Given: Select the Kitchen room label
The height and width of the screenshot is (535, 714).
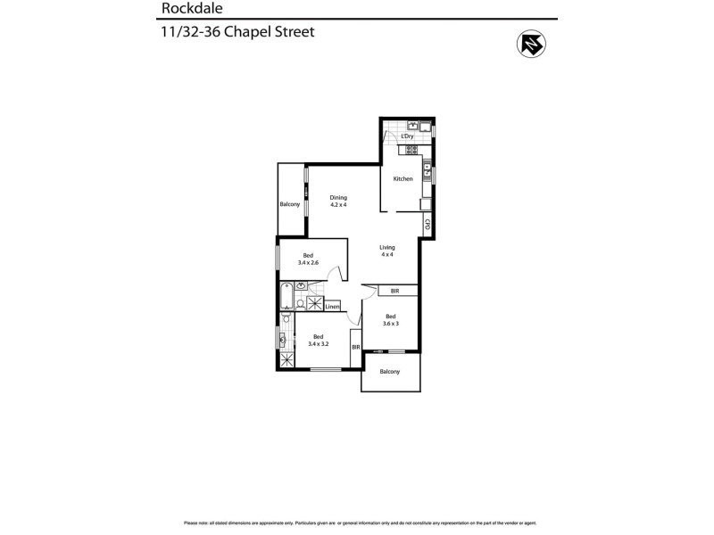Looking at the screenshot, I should tap(403, 179).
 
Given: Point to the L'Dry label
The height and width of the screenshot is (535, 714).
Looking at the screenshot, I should tap(407, 136).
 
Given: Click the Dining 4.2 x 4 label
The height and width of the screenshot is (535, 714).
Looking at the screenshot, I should tap(337, 202).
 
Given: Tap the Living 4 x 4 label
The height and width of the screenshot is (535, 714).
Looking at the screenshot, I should tap(386, 251).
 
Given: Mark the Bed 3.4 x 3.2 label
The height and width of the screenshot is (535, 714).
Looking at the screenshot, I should tap(320, 340).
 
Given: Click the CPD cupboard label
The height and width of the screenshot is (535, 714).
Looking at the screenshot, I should tap(428, 226).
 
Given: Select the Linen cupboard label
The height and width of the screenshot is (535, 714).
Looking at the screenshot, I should tap(332, 307).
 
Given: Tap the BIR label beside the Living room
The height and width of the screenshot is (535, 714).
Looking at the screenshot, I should tap(394, 291).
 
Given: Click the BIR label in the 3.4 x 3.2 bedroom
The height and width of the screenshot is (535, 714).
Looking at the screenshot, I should tap(355, 347).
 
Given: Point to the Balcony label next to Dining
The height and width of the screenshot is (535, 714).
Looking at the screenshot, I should tap(289, 205).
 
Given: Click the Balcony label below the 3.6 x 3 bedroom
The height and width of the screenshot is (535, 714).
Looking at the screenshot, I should tap(389, 372).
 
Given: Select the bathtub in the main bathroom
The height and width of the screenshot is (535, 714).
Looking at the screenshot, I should tap(286, 293).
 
